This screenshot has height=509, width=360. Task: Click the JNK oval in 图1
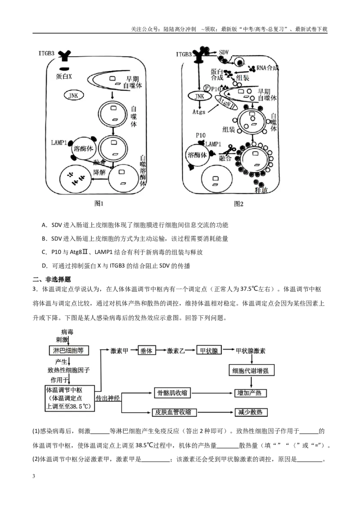click(x=73, y=95)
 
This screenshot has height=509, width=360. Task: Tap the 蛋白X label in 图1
click(x=64, y=76)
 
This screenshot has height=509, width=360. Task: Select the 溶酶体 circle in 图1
click(x=83, y=149)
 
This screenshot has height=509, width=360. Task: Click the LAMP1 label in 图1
click(x=59, y=143)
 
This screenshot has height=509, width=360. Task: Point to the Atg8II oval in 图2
click(x=226, y=103)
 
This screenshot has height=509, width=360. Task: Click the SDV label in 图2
click(x=224, y=52)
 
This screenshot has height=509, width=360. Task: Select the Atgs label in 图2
click(x=199, y=112)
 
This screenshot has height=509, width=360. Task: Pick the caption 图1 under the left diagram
click(x=99, y=204)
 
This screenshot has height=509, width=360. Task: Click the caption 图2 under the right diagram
click(x=239, y=204)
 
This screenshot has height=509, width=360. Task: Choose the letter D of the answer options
click(x=45, y=266)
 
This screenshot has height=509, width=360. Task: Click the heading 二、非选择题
click(x=52, y=280)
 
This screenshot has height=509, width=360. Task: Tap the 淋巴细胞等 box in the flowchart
click(x=68, y=350)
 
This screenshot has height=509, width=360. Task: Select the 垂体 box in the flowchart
click(x=147, y=351)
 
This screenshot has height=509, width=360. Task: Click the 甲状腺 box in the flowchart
click(x=209, y=351)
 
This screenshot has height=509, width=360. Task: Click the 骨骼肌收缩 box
click(x=172, y=393)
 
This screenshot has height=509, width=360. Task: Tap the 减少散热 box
click(x=251, y=412)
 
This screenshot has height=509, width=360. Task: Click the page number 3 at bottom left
click(x=34, y=476)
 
